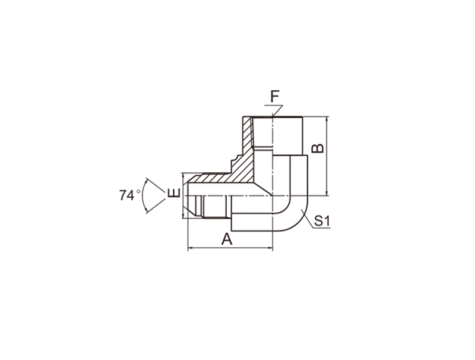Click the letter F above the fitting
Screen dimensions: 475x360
(275, 96)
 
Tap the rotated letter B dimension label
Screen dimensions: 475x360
(318, 148)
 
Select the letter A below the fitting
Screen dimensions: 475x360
(227, 239)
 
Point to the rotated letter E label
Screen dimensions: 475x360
(174, 192)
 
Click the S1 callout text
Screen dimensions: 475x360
(322, 221)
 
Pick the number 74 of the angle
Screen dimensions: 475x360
(126, 195)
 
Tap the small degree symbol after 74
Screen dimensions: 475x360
(138, 191)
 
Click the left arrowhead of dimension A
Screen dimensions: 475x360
(191, 248)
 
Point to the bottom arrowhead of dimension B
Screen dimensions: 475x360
(326, 192)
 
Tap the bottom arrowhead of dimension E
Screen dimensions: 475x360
(183, 215)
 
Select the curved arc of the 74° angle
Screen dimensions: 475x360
(142, 195)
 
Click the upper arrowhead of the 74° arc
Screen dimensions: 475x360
(147, 180)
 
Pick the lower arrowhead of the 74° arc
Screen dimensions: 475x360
(147, 211)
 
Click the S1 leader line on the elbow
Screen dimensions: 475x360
(308, 219)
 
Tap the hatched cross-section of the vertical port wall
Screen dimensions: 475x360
(247, 137)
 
